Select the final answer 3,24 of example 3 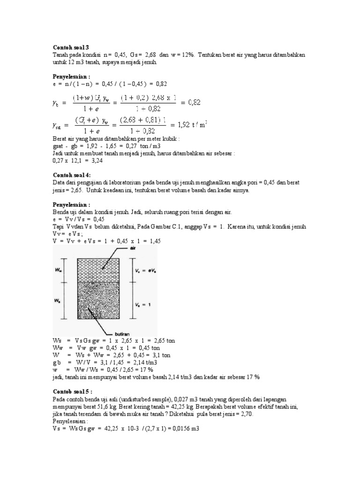click(96, 160)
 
